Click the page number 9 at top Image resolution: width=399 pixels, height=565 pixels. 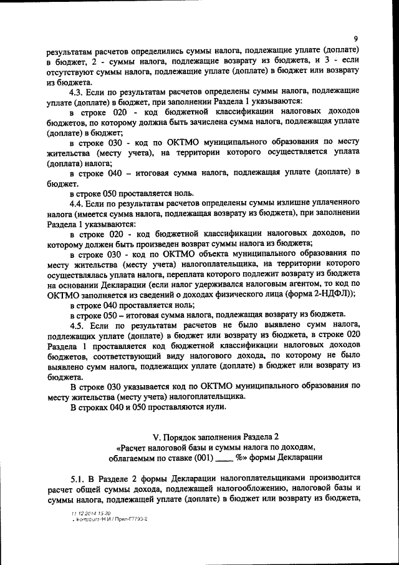pos(355,38)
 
